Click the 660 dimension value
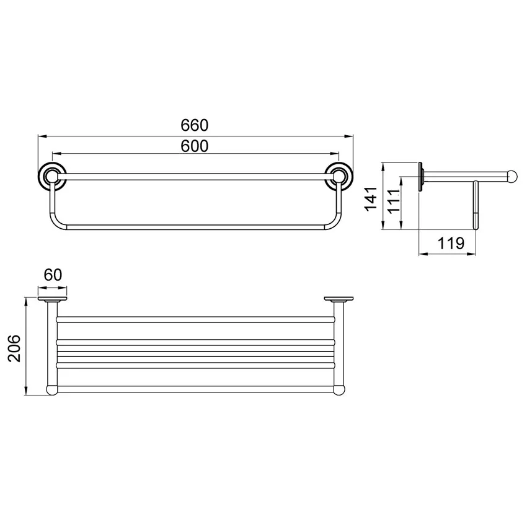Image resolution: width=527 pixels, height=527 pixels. [x=194, y=125]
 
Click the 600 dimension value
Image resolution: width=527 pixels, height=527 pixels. [x=194, y=146]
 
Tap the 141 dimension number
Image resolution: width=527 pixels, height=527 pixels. [x=371, y=199]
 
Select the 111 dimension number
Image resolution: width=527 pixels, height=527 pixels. [x=394, y=201]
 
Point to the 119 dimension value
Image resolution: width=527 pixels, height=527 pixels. [x=451, y=243]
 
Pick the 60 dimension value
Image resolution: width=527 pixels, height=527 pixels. [x=53, y=275]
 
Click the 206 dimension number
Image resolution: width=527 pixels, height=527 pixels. [x=14, y=348]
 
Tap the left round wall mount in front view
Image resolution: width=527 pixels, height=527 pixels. [x=51, y=177]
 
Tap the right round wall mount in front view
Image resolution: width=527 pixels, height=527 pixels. [x=340, y=177]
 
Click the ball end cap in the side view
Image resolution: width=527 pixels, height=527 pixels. [x=512, y=177]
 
